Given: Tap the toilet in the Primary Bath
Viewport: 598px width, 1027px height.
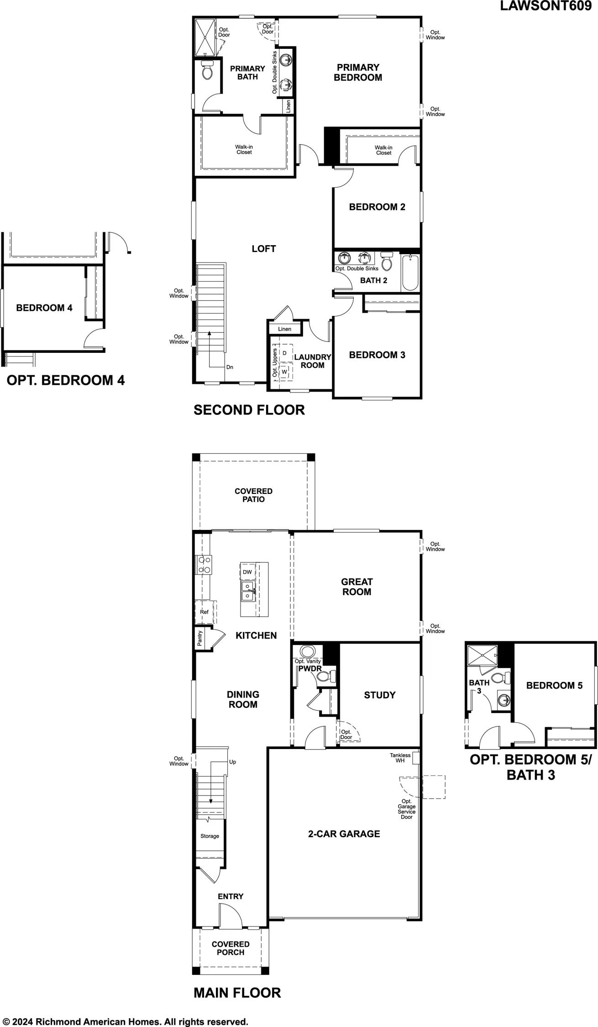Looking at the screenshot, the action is click(x=207, y=70).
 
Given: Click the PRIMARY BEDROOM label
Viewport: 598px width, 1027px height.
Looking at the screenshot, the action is click(x=358, y=73).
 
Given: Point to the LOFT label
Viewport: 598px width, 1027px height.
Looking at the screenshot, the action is click(x=264, y=249).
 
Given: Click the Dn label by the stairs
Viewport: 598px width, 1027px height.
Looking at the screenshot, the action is click(x=230, y=367).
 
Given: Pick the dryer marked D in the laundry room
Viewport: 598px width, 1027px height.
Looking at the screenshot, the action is click(x=284, y=353).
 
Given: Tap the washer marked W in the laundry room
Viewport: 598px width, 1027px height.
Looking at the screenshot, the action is click(x=285, y=372).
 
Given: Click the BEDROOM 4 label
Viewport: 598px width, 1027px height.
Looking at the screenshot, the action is click(x=44, y=308).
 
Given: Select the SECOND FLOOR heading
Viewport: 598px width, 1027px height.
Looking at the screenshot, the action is click(x=249, y=410).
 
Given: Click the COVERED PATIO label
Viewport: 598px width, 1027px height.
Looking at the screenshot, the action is click(x=253, y=495).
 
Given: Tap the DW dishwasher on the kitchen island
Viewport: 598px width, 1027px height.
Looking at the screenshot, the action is click(x=247, y=572).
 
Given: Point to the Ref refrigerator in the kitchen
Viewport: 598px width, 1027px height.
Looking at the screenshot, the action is click(x=205, y=612).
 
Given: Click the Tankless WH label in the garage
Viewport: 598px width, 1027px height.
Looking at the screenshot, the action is click(x=400, y=758).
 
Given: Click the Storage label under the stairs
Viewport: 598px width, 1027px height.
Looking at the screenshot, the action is click(x=210, y=836).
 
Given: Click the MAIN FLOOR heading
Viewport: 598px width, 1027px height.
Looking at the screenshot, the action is click(x=237, y=993).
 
